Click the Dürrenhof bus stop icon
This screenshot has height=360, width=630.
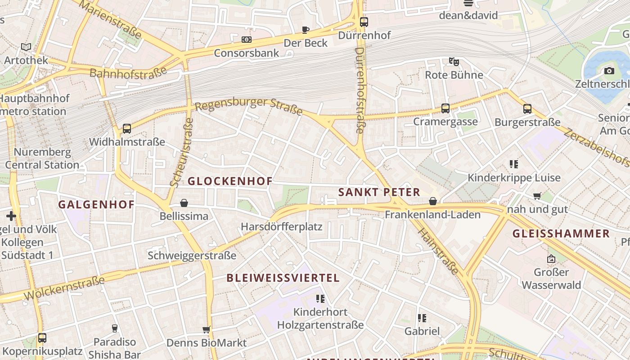(364, 22)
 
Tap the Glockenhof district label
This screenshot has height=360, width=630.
(229, 181)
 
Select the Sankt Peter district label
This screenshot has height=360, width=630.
(379, 192)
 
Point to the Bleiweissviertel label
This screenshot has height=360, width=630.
(283, 278)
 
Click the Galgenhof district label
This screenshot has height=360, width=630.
(96, 204)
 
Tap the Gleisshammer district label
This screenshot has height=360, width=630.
(561, 234)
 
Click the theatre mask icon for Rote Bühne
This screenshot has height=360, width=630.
(454, 61)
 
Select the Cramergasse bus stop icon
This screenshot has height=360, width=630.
(445, 108)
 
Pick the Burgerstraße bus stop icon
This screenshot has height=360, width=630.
(527, 109)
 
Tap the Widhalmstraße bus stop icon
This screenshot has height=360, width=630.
(127, 129)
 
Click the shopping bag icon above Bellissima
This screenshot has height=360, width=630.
(184, 203)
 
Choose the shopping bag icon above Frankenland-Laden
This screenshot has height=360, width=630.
(432, 201)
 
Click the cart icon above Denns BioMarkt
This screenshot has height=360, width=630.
(206, 330)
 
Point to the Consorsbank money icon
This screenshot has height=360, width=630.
(246, 40)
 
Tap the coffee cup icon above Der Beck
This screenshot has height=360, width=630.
(306, 30)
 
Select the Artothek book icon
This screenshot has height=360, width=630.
(26, 47)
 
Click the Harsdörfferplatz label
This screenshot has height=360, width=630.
(282, 226)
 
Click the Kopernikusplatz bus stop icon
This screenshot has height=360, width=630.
(42, 337)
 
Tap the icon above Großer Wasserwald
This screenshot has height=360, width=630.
(551, 259)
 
